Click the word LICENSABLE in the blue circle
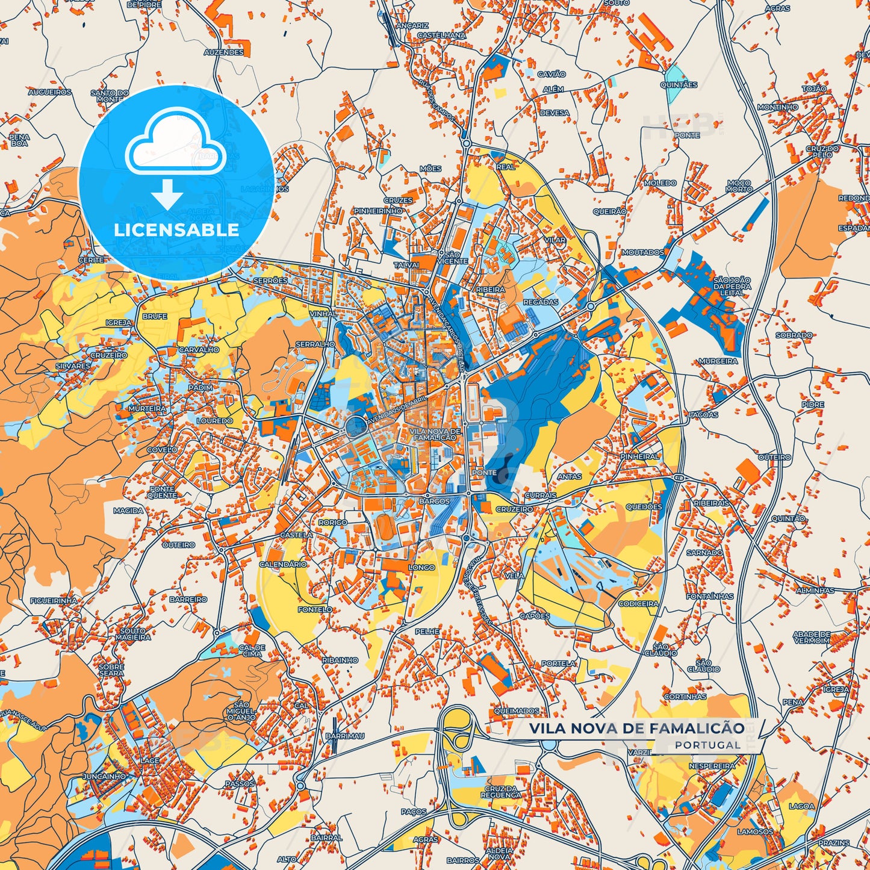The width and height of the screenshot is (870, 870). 176,230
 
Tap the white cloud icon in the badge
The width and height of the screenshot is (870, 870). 175,144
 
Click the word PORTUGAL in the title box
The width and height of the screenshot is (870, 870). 707,745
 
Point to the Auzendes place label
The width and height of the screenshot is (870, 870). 223,52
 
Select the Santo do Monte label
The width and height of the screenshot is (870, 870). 110,96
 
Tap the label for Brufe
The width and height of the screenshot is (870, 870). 155,316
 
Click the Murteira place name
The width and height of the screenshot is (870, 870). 146,408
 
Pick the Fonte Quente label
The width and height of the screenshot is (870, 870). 163,492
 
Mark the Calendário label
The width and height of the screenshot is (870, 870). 283,564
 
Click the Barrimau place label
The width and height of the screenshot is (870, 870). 345,736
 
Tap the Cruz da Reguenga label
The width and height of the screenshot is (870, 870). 501,792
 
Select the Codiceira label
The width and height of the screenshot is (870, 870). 638,603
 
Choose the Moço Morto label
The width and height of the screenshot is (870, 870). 739,185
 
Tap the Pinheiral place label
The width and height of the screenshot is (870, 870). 639,456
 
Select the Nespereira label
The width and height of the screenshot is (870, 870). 712,766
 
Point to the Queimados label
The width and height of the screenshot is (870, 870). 517,711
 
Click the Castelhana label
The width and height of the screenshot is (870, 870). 441,36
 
